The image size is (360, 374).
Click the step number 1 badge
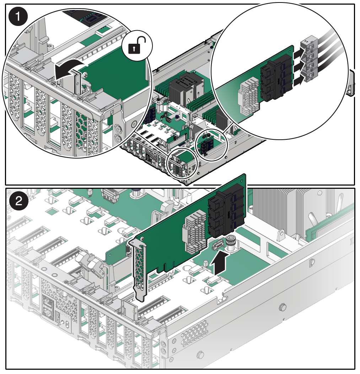pyautogui.click(x=18, y=17)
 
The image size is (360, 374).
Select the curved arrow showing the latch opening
pyautogui.click(x=69, y=69)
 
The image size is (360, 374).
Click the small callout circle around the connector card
pyautogui.click(x=211, y=145)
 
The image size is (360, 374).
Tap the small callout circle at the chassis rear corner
pyautogui.click(x=182, y=164)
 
